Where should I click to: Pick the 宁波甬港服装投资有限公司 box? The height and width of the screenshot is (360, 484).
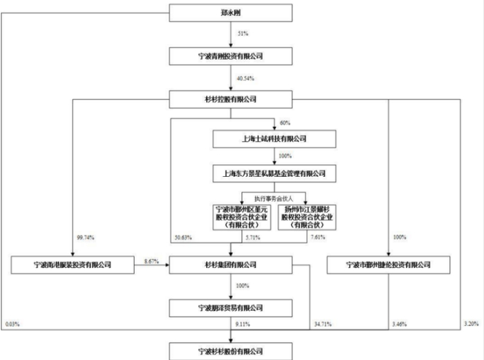click(71, 265)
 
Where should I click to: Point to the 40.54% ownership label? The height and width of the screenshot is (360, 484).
click(245, 78)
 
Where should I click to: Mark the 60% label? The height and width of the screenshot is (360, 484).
click(284, 122)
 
